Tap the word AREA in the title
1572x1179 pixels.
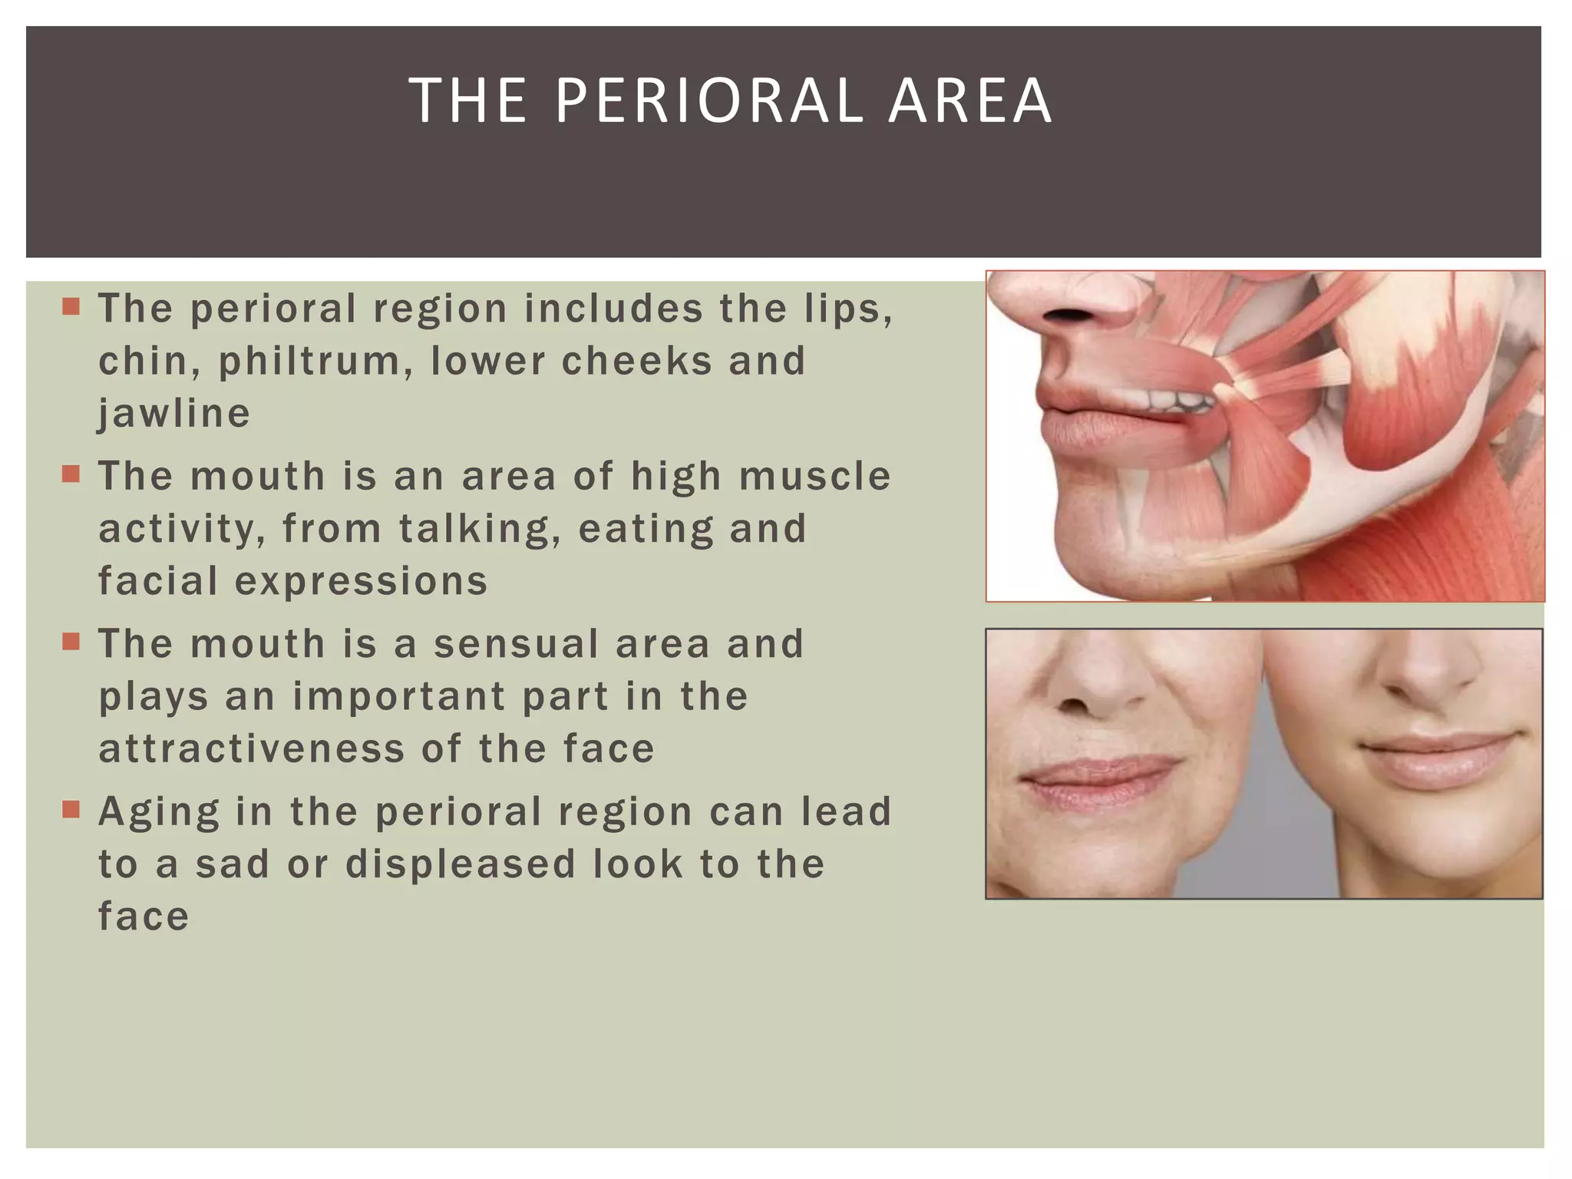(970, 101)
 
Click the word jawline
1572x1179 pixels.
(174, 414)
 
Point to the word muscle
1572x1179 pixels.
(814, 476)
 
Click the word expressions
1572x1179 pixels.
(361, 581)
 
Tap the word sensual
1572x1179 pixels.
(516, 643)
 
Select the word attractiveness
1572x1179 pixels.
(251, 748)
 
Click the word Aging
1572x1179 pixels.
(159, 812)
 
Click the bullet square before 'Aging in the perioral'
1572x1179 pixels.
(71, 810)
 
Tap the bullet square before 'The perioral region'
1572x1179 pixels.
(71, 307)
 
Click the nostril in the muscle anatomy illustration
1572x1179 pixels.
(1068, 315)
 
